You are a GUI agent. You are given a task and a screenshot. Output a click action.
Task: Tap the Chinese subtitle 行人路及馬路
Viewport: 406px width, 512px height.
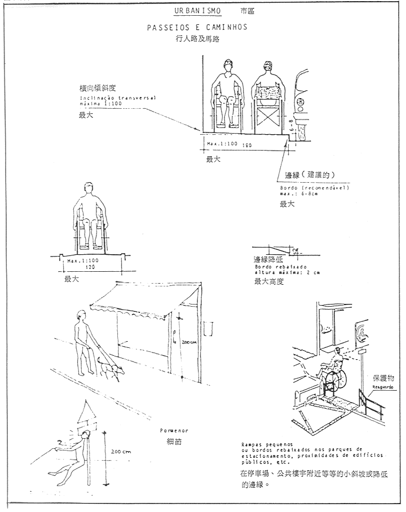[x=197, y=39]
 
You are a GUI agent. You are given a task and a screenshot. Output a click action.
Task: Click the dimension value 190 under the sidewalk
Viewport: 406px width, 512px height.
[x=246, y=145]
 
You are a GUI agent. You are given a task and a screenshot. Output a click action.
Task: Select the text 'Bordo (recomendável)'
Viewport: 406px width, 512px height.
[x=309, y=188]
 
